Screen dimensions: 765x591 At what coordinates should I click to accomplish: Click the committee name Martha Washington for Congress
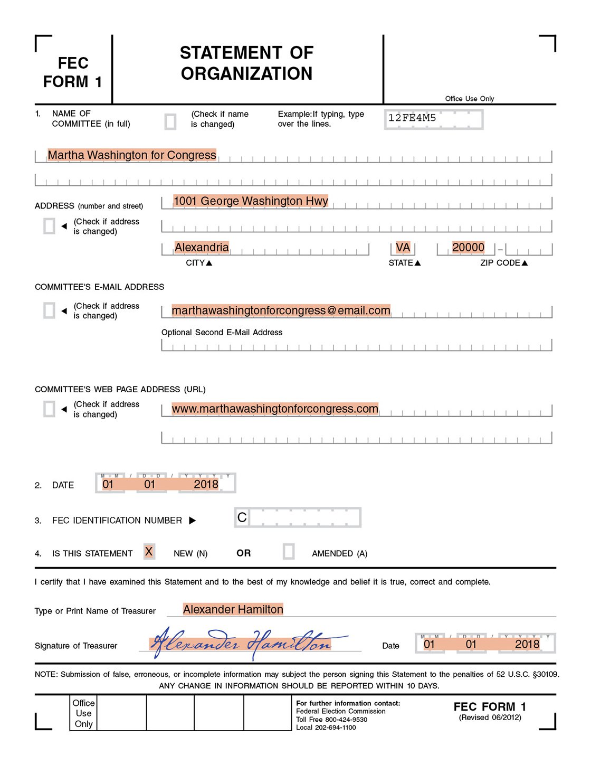click(132, 155)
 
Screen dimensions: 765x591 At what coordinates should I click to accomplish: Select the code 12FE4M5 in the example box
click(412, 118)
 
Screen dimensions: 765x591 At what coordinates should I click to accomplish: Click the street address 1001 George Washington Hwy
click(251, 201)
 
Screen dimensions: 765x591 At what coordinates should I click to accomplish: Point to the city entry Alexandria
click(202, 248)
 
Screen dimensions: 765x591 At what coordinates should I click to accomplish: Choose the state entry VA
click(403, 248)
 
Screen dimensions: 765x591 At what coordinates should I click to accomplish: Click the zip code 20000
click(468, 248)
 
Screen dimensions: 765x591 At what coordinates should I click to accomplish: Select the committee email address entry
click(281, 310)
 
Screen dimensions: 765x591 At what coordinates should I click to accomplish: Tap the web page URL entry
click(275, 409)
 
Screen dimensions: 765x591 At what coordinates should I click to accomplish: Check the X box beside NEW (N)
click(149, 552)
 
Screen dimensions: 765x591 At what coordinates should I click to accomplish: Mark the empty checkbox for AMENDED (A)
click(289, 552)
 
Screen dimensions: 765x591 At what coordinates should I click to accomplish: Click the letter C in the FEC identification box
click(242, 518)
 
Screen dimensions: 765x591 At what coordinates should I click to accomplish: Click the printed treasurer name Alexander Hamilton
click(233, 610)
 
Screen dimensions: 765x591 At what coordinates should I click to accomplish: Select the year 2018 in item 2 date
click(206, 485)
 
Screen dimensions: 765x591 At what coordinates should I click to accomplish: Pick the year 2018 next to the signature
click(527, 645)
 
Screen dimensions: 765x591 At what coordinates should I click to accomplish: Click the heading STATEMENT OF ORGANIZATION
click(247, 63)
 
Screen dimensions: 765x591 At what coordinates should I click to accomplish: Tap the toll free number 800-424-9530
click(346, 720)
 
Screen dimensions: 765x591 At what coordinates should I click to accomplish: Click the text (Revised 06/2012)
click(490, 717)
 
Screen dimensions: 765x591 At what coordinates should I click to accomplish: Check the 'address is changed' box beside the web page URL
click(49, 409)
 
